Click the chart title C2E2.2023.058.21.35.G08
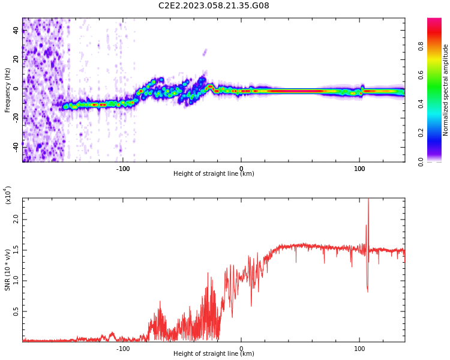[214, 5]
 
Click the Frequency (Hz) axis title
[8, 90]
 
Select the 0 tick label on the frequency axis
[16, 88]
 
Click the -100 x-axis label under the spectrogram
[123, 169]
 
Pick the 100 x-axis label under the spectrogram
[359, 169]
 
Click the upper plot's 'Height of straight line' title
[214, 174]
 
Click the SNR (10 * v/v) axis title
[8, 270]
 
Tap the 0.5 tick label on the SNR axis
[16, 311]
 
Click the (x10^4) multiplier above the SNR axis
[8, 195]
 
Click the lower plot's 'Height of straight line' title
[214, 353]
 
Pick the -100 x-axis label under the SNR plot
[123, 348]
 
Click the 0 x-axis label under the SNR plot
[241, 348]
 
